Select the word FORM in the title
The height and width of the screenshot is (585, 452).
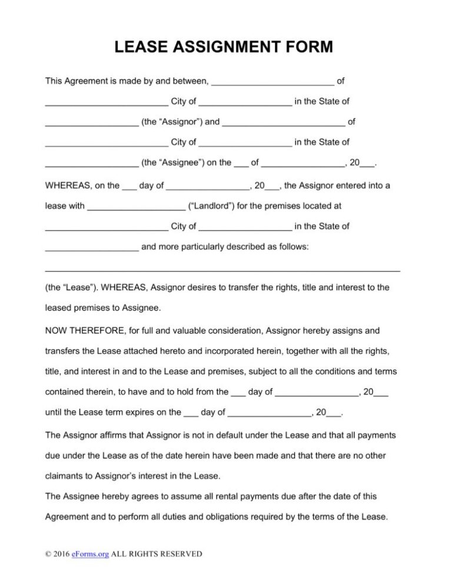coord(312,46)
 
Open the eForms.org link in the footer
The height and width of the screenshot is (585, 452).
coord(90,554)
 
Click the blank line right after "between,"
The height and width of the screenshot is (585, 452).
coord(272,81)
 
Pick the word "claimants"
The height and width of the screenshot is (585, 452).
coord(65,476)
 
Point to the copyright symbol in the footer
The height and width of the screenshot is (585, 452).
coord(48,554)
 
